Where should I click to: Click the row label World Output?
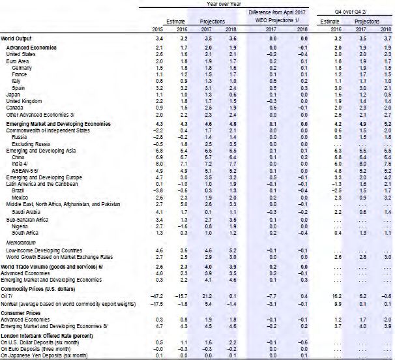tap(18, 40)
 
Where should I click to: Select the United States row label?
tap(22, 55)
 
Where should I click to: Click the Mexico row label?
tap(21, 198)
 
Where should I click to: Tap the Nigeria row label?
tap(20, 226)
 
